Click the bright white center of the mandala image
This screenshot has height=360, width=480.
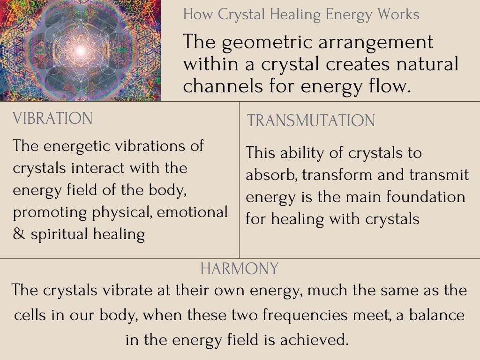click(80, 51)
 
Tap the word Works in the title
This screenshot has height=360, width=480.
click(398, 15)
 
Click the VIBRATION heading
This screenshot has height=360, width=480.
click(52, 119)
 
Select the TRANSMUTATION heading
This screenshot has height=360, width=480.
click(311, 120)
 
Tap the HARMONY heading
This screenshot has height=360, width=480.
click(240, 269)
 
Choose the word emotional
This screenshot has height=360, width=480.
click(192, 212)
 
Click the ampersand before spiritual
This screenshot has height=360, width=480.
click(19, 234)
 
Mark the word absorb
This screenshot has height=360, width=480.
click(271, 175)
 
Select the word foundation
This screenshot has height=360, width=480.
click(426, 197)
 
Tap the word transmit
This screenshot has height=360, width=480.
click(439, 175)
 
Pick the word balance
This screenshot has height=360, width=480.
click(437, 315)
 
